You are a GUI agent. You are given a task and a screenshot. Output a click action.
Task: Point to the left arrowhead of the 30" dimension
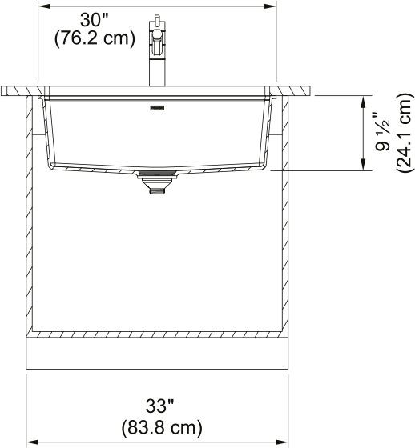click(45, 6)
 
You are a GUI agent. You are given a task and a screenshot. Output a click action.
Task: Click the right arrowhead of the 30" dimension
click(271, 6)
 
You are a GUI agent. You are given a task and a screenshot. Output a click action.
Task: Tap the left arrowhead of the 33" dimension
click(32, 441)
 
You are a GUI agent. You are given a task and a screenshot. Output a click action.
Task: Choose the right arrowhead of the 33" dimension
click(284, 441)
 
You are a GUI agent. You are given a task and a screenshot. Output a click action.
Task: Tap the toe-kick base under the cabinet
click(157, 351)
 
